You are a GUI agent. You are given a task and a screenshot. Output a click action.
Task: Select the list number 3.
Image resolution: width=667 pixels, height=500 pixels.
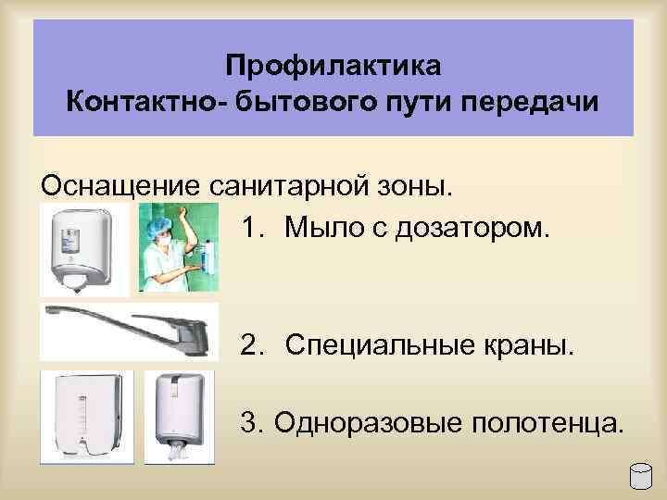click(x=251, y=423)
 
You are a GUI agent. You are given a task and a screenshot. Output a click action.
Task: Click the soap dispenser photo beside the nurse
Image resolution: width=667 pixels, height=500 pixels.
click(x=84, y=247)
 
